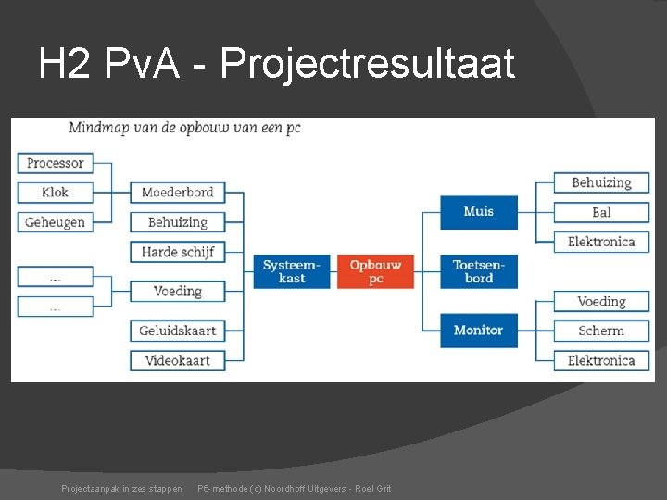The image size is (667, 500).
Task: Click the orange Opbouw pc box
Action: tap(375, 271)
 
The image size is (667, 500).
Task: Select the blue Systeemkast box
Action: tap(292, 271)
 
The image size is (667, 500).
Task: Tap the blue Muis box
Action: tap(478, 212)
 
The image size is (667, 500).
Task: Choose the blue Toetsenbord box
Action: tap(478, 271)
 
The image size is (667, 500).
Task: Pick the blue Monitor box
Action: tap(478, 330)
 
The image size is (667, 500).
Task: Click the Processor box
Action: tap(55, 163)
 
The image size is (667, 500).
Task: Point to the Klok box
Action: tap(55, 193)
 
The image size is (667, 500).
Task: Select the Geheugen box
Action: tap(55, 222)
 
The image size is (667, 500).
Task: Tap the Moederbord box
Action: tap(177, 193)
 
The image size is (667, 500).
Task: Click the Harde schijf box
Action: tap(177, 252)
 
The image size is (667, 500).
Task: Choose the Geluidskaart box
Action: tap(177, 331)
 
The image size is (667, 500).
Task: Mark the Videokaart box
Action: tap(177, 360)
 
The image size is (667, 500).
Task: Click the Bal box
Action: tap(601, 212)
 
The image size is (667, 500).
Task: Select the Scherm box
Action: tap(601, 331)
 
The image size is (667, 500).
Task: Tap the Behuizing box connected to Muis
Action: tap(601, 182)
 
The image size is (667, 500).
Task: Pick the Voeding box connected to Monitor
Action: tap(601, 301)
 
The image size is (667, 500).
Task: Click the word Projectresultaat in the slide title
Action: tap(368, 65)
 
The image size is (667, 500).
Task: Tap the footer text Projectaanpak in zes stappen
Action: tap(121, 488)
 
